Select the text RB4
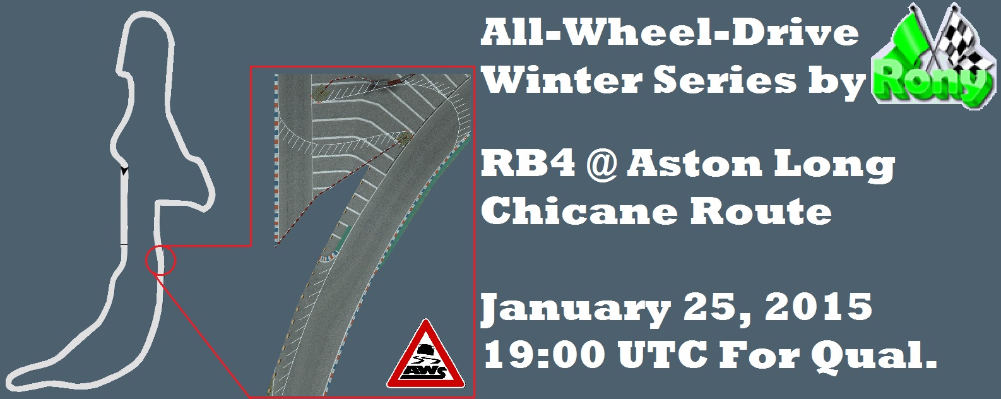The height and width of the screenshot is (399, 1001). pyautogui.click(x=528, y=164)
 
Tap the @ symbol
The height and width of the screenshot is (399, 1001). pyautogui.click(x=601, y=165)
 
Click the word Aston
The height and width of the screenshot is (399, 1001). pyautogui.click(x=694, y=164)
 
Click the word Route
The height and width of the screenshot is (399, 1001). pyautogui.click(x=760, y=210)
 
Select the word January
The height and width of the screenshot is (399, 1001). pyautogui.click(x=576, y=309)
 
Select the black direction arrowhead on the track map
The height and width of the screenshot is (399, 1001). pyautogui.click(x=124, y=170)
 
